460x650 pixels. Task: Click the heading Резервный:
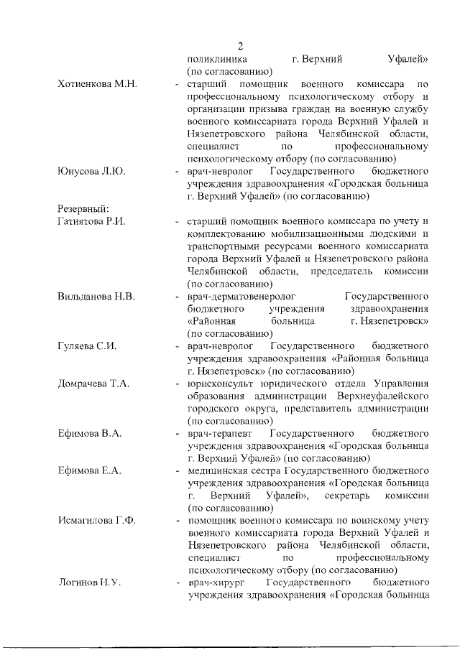coord(83,208)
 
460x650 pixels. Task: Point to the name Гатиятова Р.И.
coord(91,220)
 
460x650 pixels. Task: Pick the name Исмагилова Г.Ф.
coord(96,520)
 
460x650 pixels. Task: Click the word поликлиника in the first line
coord(217,59)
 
